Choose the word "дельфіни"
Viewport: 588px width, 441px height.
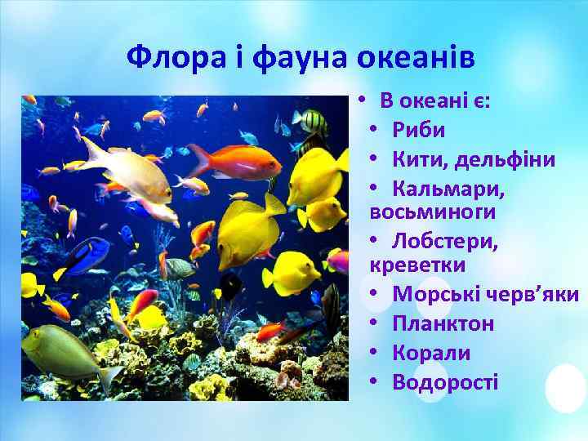510,158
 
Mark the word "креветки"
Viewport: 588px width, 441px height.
417,265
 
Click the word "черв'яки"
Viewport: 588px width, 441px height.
536,294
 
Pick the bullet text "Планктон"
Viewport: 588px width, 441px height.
443,323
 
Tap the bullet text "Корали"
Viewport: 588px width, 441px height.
431,353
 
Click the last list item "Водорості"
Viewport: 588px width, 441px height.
445,382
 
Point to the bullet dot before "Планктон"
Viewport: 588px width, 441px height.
372,323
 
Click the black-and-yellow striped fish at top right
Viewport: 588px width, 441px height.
310,123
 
